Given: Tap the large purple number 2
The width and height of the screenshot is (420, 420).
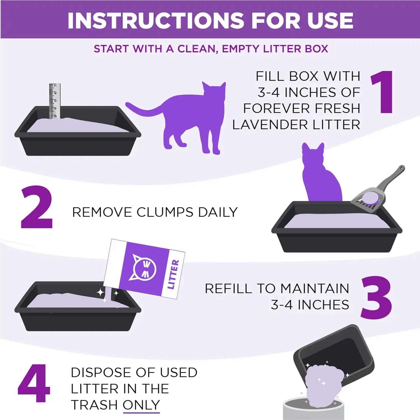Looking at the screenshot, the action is pos(37,207).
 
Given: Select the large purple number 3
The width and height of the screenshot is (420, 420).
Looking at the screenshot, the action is pos(376,297).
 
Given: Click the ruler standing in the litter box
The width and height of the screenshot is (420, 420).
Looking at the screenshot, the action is pos(55,101).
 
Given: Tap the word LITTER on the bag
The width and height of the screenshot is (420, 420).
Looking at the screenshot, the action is pos(173,274).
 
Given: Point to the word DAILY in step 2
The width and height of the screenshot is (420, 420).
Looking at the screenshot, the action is pos(218,212).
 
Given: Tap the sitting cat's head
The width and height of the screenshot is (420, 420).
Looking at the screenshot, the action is pos(313,154).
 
